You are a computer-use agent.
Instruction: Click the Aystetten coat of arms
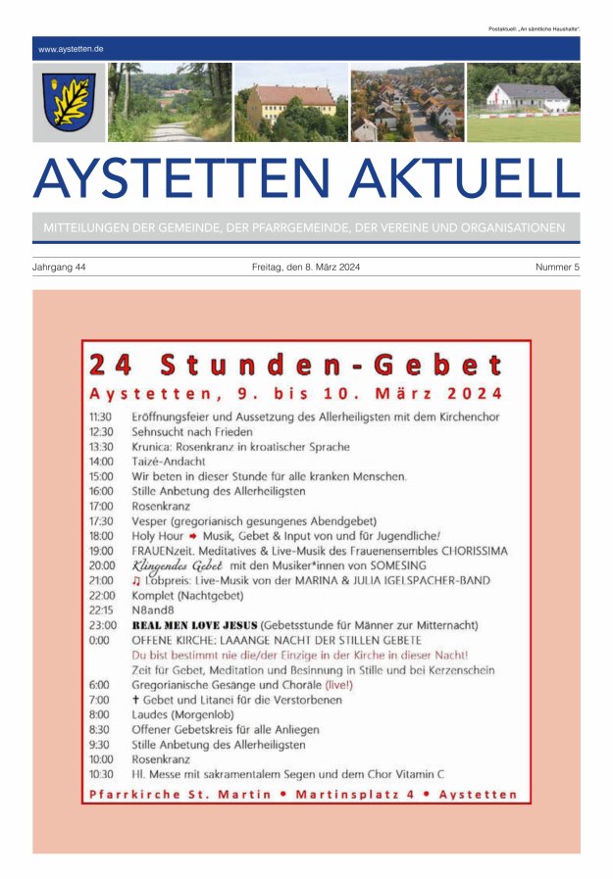69,103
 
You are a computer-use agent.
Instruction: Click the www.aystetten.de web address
72,48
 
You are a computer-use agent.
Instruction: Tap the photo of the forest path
170,103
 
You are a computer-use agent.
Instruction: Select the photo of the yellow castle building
291,103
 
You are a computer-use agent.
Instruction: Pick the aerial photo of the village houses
407,103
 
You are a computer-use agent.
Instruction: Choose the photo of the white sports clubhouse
523,103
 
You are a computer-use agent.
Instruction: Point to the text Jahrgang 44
60,268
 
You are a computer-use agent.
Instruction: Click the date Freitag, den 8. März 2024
306,268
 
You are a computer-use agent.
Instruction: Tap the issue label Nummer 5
557,268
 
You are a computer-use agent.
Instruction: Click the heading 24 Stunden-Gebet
296,366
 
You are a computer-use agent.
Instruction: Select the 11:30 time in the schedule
101,416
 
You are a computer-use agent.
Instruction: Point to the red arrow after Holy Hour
194,535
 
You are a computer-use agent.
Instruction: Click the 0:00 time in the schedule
99,639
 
